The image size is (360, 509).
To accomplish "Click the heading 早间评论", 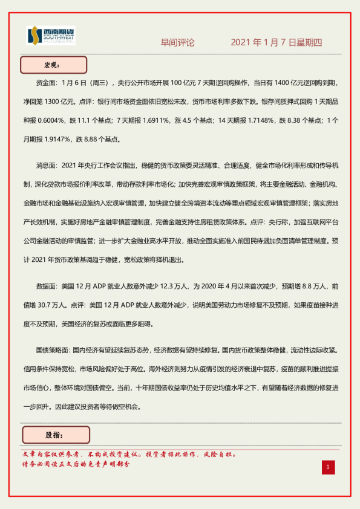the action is [177, 43].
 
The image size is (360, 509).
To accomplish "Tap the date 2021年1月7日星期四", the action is [277, 43].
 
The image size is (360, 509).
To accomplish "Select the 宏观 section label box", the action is [54, 64].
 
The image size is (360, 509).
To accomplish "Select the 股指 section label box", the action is [56, 434].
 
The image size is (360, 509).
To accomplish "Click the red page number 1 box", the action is [327, 467].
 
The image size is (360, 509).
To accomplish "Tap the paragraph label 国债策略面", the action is [53, 351].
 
